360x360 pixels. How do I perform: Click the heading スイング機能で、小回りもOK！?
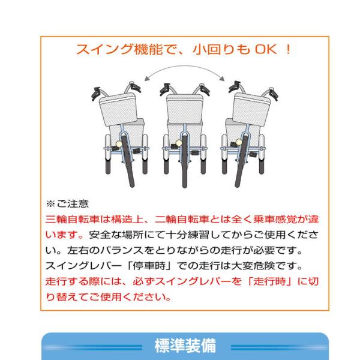click(184, 49)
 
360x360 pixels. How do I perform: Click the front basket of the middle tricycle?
click(185, 109)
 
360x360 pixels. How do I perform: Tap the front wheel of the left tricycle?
click(128, 161)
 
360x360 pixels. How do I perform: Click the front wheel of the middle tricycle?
click(185, 161)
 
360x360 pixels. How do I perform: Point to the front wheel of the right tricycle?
click(242, 161)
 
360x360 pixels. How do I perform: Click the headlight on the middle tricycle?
click(179, 143)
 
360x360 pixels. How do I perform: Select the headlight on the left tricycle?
click(119, 144)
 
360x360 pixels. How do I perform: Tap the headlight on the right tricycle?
click(239, 142)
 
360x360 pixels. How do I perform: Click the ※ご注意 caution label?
click(67, 203)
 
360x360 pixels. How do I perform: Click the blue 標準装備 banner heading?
click(185, 346)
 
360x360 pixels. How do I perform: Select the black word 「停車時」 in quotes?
click(149, 266)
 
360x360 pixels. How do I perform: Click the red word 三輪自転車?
click(73, 220)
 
